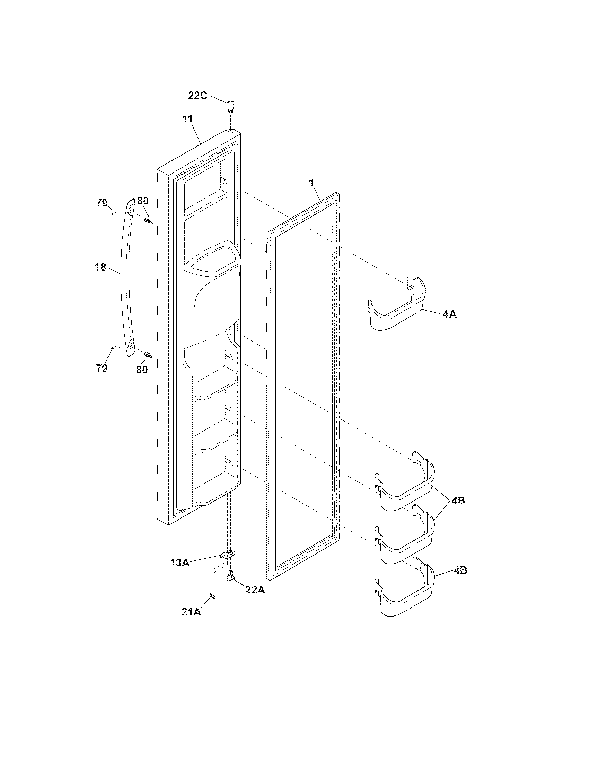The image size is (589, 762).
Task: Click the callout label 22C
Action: (x=197, y=96)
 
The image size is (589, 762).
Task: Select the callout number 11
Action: (x=188, y=118)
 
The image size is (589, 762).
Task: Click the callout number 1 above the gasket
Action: (x=311, y=182)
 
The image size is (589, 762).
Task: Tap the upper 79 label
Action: (x=102, y=203)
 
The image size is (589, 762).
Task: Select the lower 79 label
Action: (x=102, y=368)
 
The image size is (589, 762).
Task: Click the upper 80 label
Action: (x=143, y=201)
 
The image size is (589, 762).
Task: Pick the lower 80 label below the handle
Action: (x=142, y=370)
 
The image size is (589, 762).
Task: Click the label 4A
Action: (x=449, y=314)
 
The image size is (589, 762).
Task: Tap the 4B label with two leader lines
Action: (x=458, y=501)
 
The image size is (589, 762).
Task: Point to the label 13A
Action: (x=180, y=562)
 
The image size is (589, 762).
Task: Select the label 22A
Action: (x=255, y=590)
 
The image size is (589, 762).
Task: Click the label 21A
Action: (x=191, y=612)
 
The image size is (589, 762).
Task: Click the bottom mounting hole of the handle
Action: (x=131, y=345)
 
